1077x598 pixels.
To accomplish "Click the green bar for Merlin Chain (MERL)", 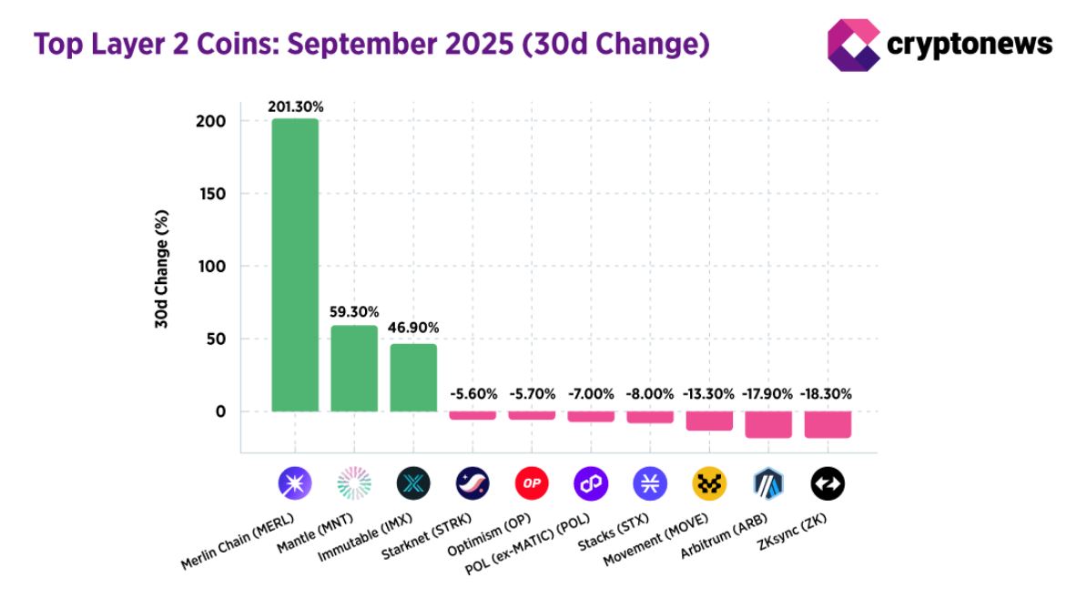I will click(x=295, y=265).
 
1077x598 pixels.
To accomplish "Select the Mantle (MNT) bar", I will click(x=354, y=369).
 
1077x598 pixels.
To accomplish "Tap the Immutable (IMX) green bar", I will click(x=413, y=378).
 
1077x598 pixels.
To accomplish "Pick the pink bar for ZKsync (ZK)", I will click(x=828, y=424).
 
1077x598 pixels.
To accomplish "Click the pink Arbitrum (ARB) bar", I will click(x=768, y=424).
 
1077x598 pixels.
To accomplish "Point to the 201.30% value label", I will click(x=295, y=106).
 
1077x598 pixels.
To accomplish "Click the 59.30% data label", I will click(x=354, y=312).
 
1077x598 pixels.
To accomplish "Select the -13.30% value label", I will click(x=709, y=395).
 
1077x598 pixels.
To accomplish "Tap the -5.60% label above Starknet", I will click(x=473, y=395).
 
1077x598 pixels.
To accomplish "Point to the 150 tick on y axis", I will click(x=214, y=194).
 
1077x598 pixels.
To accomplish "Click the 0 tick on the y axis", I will click(x=220, y=412).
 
